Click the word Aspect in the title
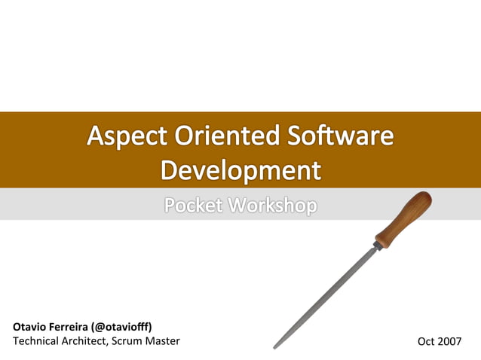point(127,136)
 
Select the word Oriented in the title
point(219,136)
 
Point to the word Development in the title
point(240,169)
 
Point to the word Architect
point(86,341)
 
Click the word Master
point(163,341)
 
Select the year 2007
point(450,341)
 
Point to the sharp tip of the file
point(274,347)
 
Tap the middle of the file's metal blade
point(326,297)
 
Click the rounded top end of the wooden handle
point(425,197)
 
